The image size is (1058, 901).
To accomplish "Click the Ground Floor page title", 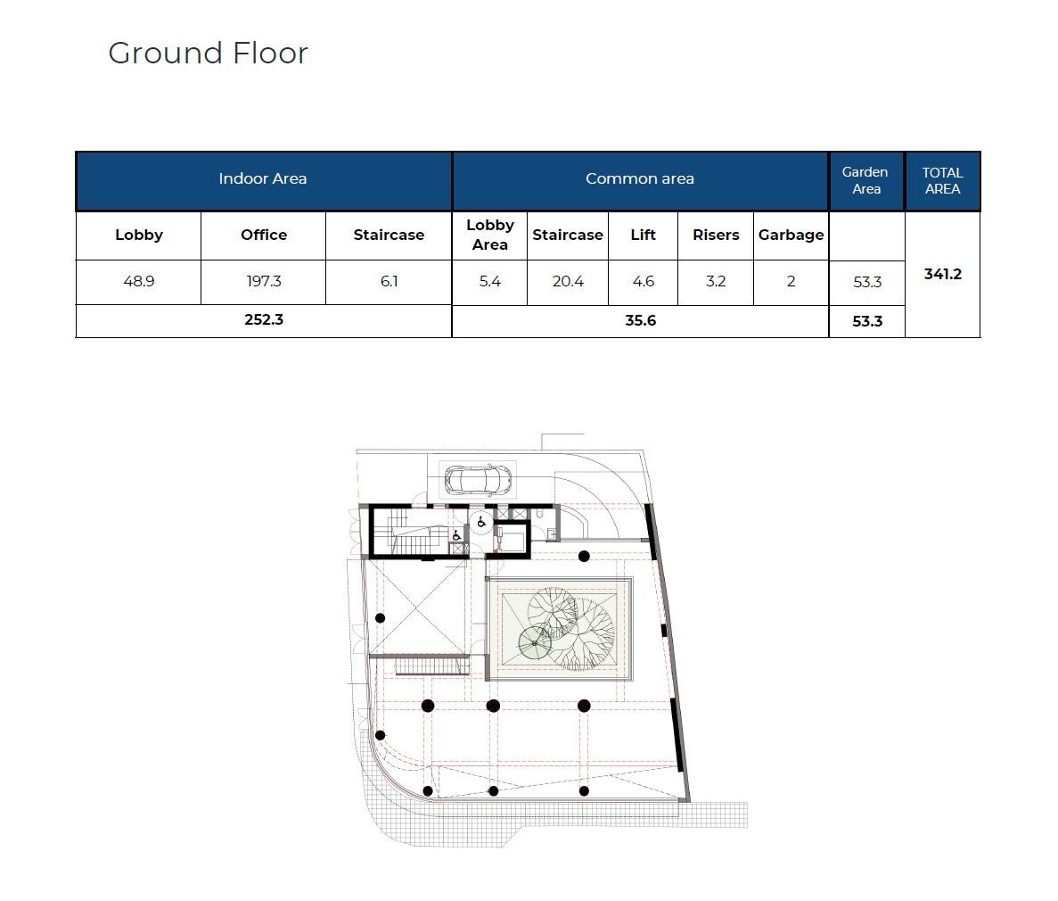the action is click(208, 54).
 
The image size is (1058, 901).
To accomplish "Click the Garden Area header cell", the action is click(865, 180).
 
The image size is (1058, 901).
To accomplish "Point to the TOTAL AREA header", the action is click(942, 180).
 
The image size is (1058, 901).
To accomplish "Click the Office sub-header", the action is click(264, 235).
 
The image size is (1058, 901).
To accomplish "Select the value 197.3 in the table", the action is click(264, 281).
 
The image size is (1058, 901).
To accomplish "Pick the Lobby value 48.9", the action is click(139, 281).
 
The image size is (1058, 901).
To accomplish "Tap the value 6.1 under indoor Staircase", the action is click(390, 281).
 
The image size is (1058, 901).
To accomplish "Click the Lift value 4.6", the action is click(643, 281).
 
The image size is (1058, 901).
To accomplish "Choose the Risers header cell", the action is click(716, 235).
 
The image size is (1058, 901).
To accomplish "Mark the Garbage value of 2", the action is click(791, 281).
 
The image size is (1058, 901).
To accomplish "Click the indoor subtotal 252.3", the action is click(264, 319).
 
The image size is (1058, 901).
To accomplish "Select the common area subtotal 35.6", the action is click(640, 320).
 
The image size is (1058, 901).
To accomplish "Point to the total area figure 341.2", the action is click(943, 274).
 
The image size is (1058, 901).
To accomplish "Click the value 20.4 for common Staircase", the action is click(568, 281).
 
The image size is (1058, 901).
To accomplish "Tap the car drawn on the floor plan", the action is click(478, 480).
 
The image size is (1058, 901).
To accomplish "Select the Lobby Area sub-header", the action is click(490, 235).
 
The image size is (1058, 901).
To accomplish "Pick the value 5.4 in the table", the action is click(490, 281).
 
